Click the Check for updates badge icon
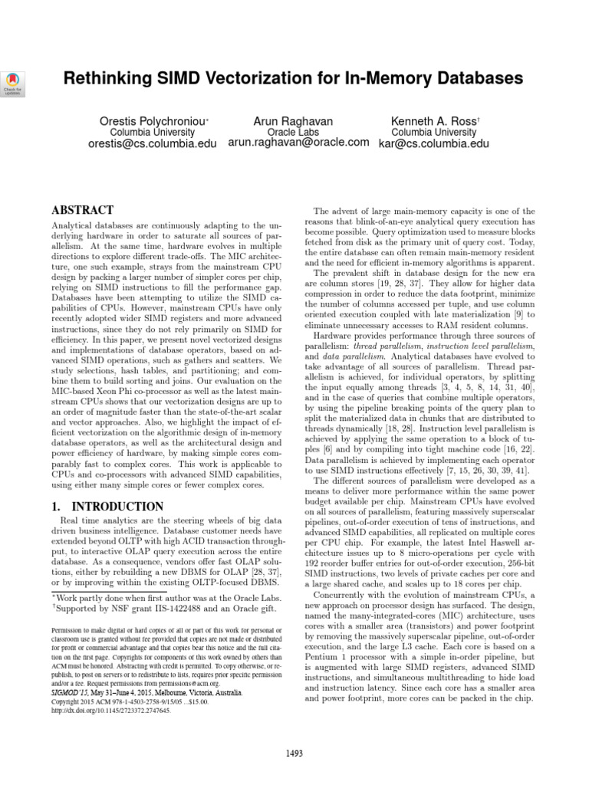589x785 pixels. [15, 80]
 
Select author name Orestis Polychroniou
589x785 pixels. [153, 121]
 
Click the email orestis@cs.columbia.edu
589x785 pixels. [153, 143]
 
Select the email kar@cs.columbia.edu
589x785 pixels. [433, 143]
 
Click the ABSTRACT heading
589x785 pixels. [82, 210]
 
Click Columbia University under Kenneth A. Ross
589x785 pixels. [433, 132]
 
